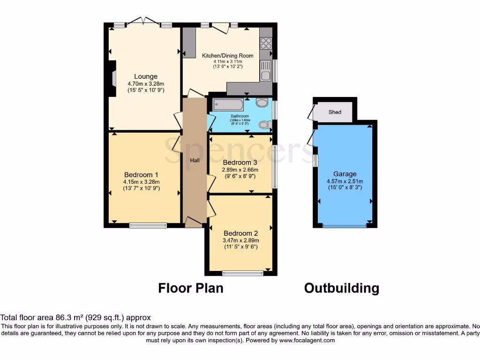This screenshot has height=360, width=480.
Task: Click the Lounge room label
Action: point(146,76)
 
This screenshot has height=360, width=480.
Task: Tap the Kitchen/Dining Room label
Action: point(227,55)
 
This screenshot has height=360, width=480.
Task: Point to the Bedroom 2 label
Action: point(240,233)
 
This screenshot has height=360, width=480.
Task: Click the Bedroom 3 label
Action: point(240,163)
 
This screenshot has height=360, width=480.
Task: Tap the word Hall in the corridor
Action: point(195,161)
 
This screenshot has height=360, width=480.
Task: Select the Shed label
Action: point(335,112)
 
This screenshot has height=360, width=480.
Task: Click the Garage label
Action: point(345,174)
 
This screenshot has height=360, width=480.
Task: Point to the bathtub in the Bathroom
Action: point(228,105)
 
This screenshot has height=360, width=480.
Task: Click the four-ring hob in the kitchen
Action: point(266,43)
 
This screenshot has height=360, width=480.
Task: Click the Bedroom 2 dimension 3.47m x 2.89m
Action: point(240,240)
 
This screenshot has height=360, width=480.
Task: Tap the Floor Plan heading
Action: point(190,288)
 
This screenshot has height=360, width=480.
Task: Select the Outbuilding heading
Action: point(341,288)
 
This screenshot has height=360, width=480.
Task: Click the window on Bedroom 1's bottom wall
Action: point(148,225)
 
